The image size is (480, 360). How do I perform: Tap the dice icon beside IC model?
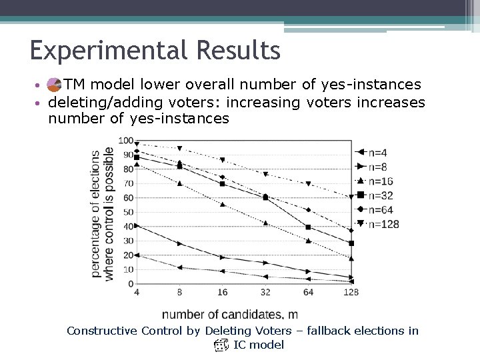click(221, 345)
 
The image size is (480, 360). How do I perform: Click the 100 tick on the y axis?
click(125, 140)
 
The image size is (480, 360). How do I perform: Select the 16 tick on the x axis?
click(223, 292)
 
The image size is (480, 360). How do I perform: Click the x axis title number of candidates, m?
click(230, 314)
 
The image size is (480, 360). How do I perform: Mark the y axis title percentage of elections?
click(96, 213)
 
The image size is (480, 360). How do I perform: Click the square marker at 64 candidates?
click(308, 227)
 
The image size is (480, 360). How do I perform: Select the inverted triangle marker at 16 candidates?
click(223, 160)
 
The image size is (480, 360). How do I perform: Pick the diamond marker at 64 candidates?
click(308, 210)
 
